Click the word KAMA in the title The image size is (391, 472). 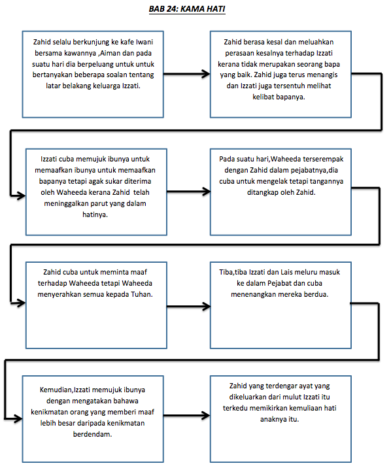coord(192,9)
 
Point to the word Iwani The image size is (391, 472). coord(144,42)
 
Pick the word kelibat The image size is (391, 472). coord(263,97)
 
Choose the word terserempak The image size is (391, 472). coord(323,160)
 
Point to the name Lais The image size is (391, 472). coord(286,273)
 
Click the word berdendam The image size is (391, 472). coord(92,434)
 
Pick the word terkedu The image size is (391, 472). coord(235,408)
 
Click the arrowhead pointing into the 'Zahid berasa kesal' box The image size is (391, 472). coord(206,74)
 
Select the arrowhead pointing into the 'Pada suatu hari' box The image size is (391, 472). coord(206,192)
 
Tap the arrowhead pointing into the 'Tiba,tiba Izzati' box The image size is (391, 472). coord(206,307)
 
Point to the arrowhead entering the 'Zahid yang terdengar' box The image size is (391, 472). coord(206,416)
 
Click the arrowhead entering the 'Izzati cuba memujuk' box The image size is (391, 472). coord(21,195)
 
